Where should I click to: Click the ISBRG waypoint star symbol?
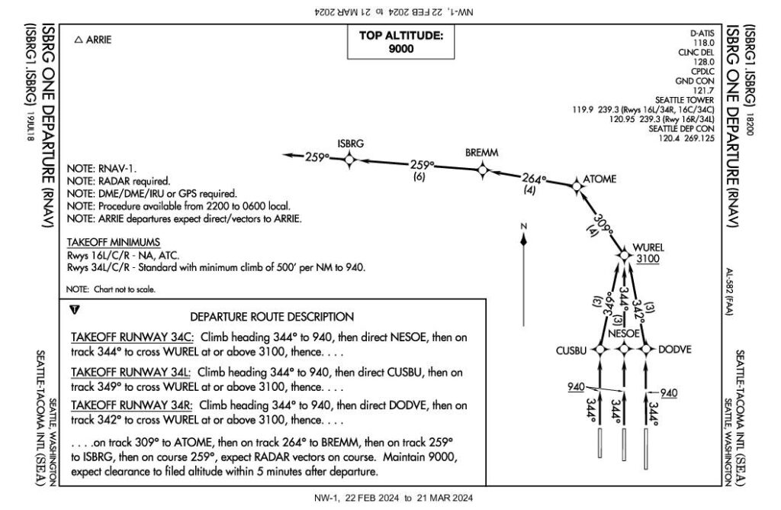349,159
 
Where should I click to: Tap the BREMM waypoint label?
481,153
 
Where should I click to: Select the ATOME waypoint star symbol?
576,183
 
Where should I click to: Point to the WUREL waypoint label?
649,248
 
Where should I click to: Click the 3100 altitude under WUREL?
647,260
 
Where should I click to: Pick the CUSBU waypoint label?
572,350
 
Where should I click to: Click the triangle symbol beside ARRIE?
78,40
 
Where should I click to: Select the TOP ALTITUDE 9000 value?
400,48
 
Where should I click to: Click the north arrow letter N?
524,226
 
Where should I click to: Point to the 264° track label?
535,179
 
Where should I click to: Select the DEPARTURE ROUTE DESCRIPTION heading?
272,316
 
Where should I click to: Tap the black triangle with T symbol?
74,310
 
